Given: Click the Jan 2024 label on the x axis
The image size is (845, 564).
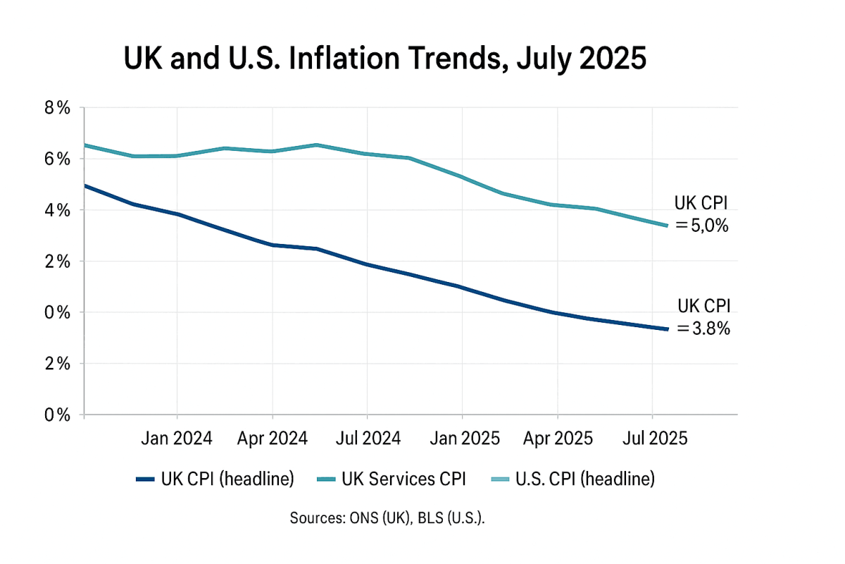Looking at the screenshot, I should coord(176,439).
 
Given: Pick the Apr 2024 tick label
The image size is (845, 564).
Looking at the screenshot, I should coord(272,439).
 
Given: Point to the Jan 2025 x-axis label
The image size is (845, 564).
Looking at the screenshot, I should coord(462,439).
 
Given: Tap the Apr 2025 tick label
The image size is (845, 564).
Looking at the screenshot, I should coord(558,439).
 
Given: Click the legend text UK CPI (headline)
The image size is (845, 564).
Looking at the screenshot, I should coord(227,479).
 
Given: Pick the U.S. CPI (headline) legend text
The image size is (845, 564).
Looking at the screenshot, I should coord(585,479).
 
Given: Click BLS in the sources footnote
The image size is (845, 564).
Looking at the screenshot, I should coord(427,518).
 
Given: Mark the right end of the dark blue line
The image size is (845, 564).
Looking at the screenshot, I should coord(667,329).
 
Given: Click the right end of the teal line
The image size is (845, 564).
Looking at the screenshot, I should coord(667,226).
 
